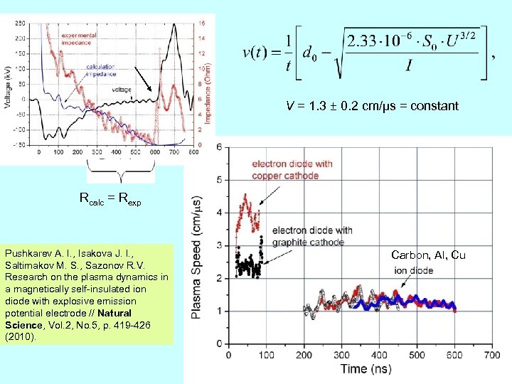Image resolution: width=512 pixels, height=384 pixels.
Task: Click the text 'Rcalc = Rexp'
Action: (110, 201)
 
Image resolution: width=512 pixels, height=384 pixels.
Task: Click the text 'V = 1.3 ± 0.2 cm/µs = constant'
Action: (372, 106)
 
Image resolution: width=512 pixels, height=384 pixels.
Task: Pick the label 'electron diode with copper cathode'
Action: (292, 169)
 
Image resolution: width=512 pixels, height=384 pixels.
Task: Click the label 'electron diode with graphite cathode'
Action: (312, 235)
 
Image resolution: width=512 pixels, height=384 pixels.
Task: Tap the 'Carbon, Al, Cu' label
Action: (428, 255)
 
